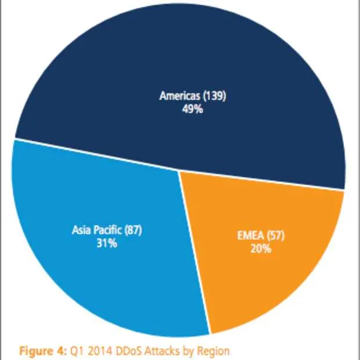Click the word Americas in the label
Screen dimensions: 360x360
pos(179,96)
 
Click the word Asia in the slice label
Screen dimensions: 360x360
pos(81,231)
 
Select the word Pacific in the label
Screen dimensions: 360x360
pos(107,231)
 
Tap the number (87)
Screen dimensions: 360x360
pos(132,231)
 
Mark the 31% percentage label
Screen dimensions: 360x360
pos(107,243)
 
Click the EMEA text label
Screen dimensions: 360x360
pos(250,237)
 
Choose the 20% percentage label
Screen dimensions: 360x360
pos(260,250)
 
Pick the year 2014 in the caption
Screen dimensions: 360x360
pos(98,351)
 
